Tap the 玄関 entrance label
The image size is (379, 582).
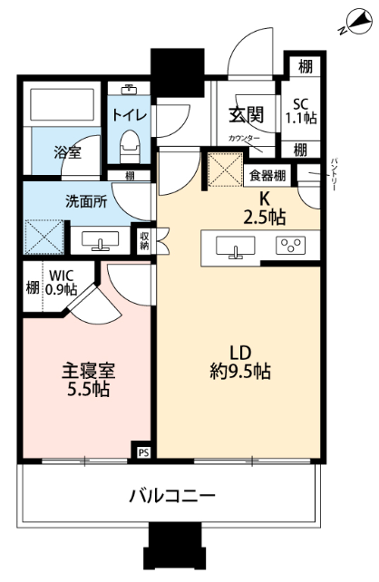click(246, 115)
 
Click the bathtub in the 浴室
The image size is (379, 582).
click(62, 104)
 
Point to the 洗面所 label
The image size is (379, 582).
click(86, 201)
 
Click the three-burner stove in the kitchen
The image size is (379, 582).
click(291, 246)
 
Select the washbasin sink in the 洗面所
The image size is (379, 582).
click(101, 240)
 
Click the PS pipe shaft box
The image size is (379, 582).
click(143, 452)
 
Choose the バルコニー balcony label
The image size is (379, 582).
click(172, 496)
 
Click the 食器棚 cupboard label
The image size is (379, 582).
click(267, 175)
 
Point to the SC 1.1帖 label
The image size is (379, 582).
click(301, 111)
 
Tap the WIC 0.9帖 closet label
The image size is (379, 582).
click(62, 282)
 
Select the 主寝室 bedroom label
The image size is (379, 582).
click(88, 371)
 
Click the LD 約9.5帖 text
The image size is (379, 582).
click(240, 362)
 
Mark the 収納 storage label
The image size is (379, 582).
click(144, 240)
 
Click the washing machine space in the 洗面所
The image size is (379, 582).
click(44, 237)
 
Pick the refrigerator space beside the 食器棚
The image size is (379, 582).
click(225, 170)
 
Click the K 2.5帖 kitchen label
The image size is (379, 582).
click(264, 209)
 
